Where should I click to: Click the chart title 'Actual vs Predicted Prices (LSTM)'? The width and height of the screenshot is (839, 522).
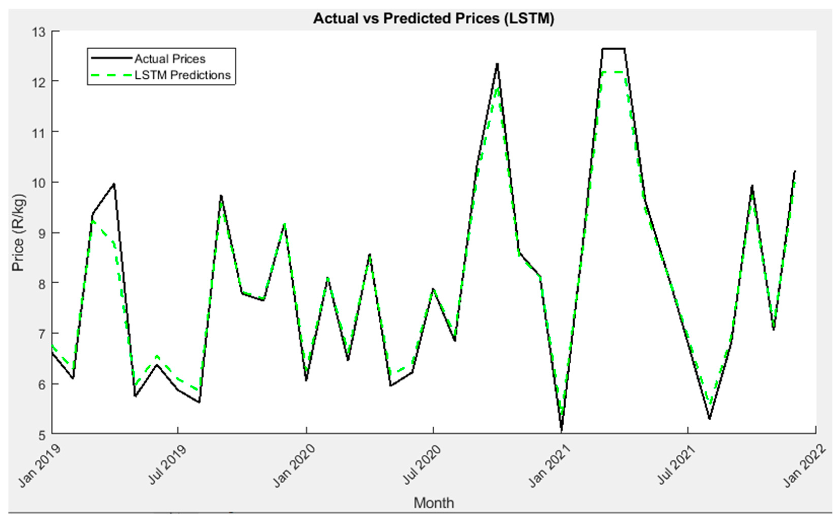434,19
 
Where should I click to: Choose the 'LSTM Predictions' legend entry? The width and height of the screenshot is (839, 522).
182,75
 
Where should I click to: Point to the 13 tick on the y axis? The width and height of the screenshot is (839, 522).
39,32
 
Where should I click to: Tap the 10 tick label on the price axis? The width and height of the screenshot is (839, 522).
39,183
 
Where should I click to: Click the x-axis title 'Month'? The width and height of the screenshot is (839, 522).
434,503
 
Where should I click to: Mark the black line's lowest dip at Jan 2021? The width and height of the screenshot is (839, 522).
561,430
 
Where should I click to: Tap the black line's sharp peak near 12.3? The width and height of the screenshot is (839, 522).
497,64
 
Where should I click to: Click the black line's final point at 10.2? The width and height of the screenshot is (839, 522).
795,171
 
